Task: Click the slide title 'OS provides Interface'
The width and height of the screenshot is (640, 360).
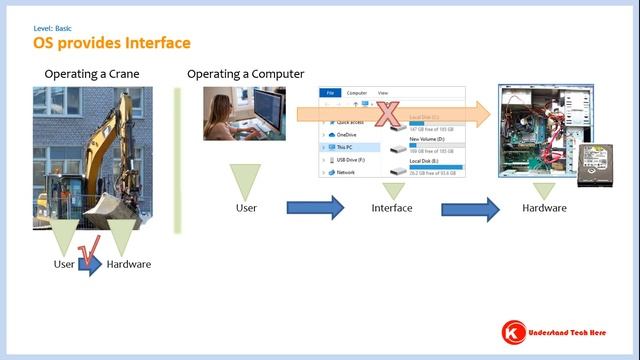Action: pyautogui.click(x=111, y=43)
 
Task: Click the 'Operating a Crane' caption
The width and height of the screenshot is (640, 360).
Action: pyautogui.click(x=91, y=75)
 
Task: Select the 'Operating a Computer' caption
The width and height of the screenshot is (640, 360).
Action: pyautogui.click(x=246, y=75)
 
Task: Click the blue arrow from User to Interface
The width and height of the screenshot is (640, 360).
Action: pyautogui.click(x=315, y=208)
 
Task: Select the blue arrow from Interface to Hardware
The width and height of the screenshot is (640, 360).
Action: pyautogui.click(x=470, y=208)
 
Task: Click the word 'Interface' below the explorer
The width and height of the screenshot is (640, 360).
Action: pyautogui.click(x=391, y=208)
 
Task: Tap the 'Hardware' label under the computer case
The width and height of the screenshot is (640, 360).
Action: pyautogui.click(x=544, y=208)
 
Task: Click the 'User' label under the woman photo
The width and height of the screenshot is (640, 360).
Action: pyautogui.click(x=246, y=208)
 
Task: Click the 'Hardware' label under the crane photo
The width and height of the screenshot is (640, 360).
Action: pyautogui.click(x=129, y=264)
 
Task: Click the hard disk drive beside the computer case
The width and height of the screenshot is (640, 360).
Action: pyautogui.click(x=596, y=164)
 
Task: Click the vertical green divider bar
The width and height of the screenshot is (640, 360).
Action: pyautogui.click(x=176, y=160)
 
